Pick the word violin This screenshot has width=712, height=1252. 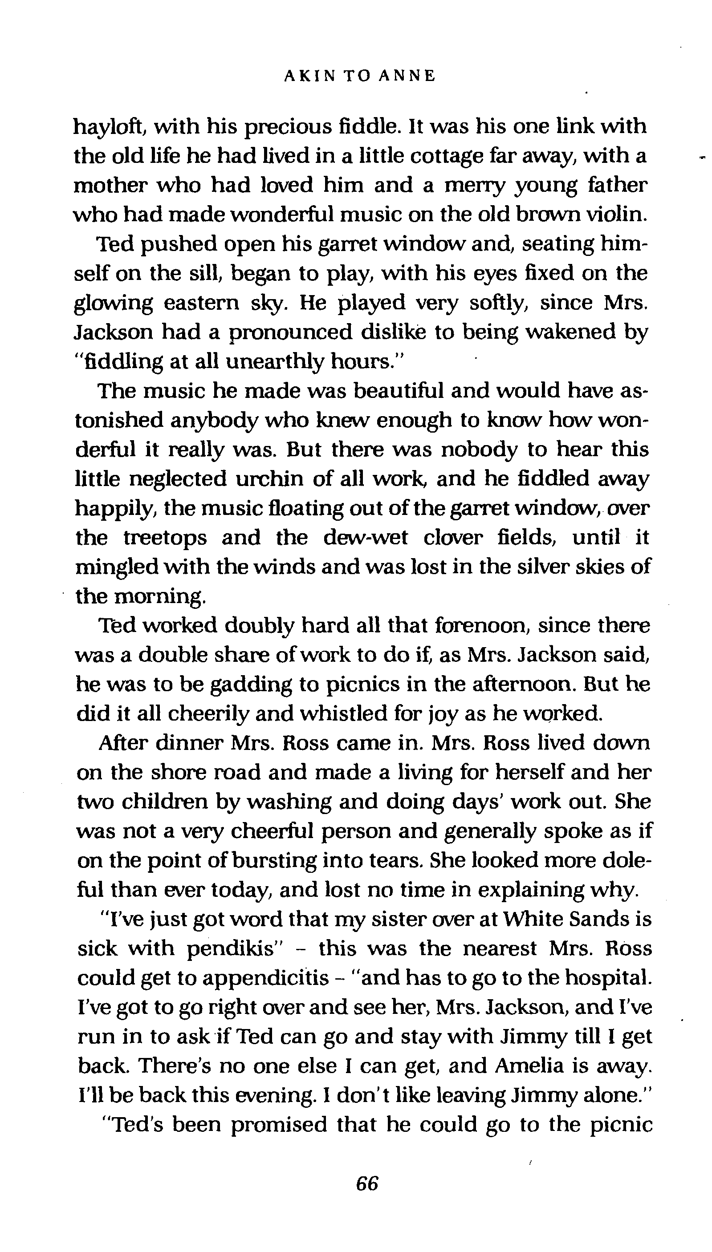[617, 215]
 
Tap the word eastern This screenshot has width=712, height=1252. [201, 303]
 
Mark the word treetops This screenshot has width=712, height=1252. [165, 538]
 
